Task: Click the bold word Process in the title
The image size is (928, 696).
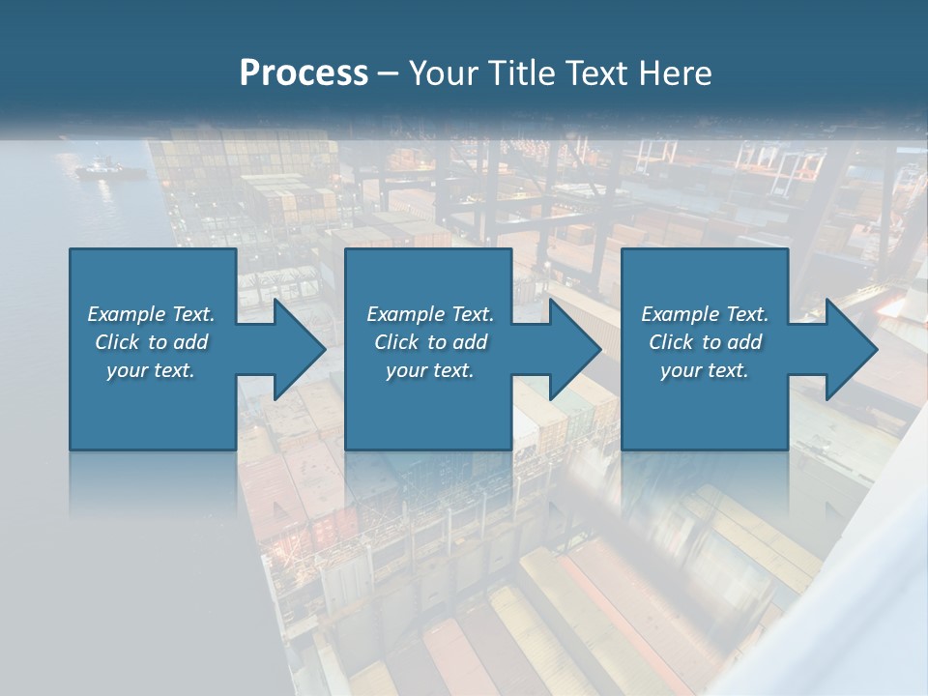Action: pyautogui.click(x=304, y=72)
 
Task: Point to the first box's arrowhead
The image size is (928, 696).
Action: pyautogui.click(x=300, y=349)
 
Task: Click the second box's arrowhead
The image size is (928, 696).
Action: pyautogui.click(x=575, y=349)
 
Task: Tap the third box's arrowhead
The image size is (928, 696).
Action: pyautogui.click(x=852, y=349)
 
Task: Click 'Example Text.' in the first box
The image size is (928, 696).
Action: pyautogui.click(x=151, y=314)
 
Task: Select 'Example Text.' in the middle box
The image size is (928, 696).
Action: pyautogui.click(x=430, y=314)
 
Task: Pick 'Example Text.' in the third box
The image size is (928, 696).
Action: pyautogui.click(x=705, y=314)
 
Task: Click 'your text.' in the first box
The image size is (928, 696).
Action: pyautogui.click(x=151, y=370)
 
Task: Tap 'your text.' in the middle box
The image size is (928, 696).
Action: pyautogui.click(x=430, y=370)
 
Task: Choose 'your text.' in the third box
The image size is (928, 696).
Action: pyautogui.click(x=705, y=370)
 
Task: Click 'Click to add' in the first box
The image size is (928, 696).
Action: pyautogui.click(x=151, y=342)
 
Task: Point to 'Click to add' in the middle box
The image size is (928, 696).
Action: pyautogui.click(x=430, y=342)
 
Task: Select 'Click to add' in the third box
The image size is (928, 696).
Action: pyautogui.click(x=705, y=342)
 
